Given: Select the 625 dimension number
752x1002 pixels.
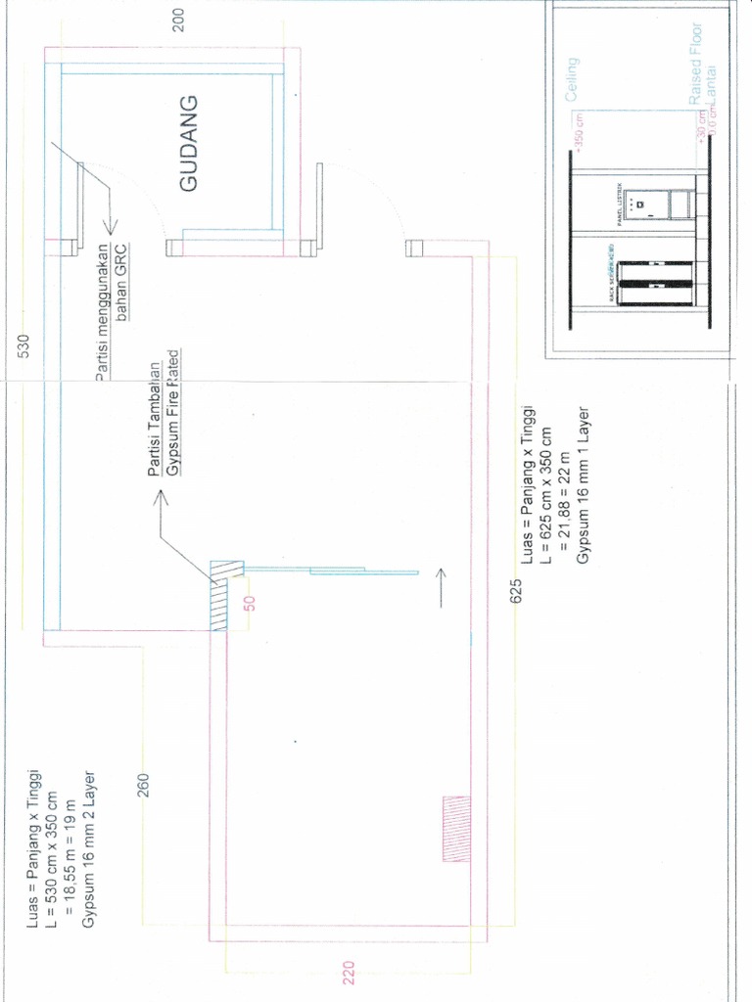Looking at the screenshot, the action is tap(516, 593).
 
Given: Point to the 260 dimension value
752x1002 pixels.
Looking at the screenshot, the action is tap(143, 785).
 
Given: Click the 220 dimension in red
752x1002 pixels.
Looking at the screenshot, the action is tap(350, 973).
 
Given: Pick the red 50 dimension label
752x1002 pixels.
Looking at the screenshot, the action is tap(250, 603).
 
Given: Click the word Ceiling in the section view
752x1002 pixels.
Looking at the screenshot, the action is tap(573, 79).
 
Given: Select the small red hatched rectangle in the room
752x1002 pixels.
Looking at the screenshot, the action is tap(457, 828).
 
